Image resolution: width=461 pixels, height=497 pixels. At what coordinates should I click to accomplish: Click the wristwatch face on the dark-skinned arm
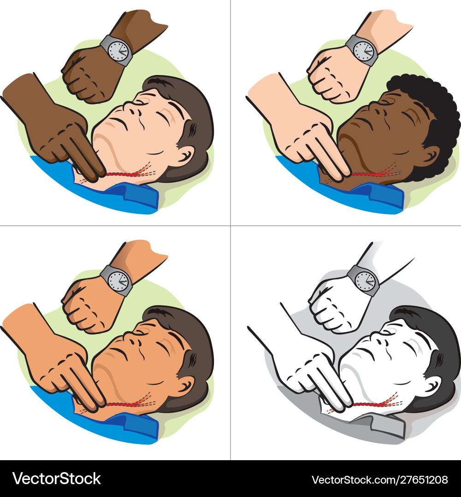(x=118, y=51)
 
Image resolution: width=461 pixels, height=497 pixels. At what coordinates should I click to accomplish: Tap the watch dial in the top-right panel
(x=364, y=51)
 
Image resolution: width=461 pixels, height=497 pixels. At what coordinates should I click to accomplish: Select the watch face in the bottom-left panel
(x=118, y=281)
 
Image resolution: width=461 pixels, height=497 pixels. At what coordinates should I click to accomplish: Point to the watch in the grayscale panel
(x=364, y=281)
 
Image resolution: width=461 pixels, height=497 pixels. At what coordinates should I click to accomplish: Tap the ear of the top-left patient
(x=185, y=156)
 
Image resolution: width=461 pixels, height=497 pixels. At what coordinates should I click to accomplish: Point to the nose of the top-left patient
(x=133, y=110)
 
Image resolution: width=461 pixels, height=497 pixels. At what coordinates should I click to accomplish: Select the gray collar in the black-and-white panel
(x=378, y=426)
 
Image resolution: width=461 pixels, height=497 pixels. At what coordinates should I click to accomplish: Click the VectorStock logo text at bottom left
(x=57, y=479)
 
